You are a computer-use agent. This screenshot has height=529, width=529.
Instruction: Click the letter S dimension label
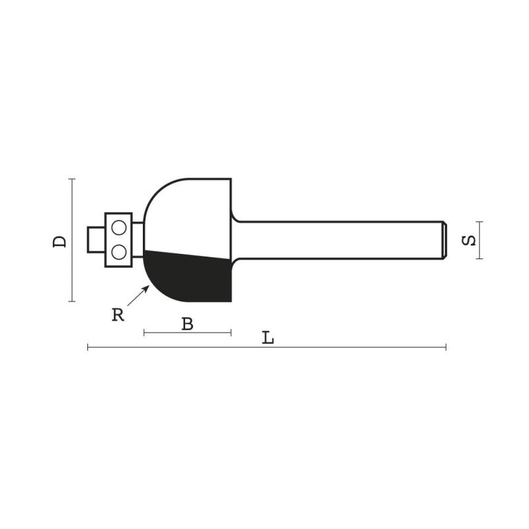coord(468,240)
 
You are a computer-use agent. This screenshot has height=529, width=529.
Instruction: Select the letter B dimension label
coord(187,323)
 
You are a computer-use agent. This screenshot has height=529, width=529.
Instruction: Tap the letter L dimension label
coord(268,338)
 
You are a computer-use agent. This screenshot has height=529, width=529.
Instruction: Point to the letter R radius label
coord(118,315)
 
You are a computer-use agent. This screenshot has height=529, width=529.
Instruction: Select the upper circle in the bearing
coord(119,227)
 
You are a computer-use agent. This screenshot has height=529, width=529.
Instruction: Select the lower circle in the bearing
coord(119,251)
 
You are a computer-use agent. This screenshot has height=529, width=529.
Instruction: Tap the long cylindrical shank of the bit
coord(337,239)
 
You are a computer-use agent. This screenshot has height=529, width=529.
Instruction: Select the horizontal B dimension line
coord(165,333)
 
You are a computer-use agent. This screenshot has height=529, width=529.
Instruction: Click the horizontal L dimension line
coord(364,346)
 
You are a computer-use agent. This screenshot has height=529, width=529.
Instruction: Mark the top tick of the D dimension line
coord(72,179)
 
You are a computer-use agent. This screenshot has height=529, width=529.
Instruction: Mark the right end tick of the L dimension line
coord(446,346)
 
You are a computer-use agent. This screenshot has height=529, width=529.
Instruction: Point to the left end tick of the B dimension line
coord(144,333)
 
